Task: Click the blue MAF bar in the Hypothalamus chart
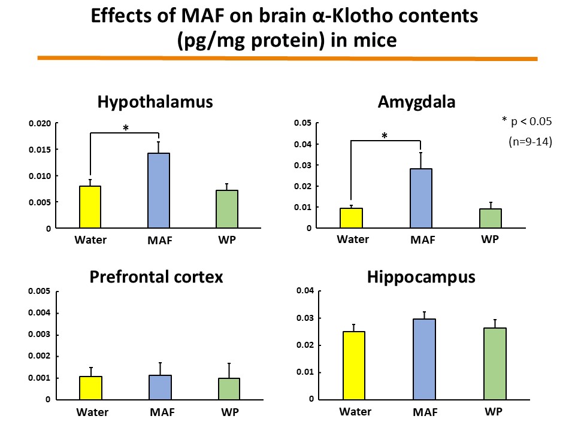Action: pos(159,190)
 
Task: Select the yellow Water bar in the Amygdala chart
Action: pos(352,218)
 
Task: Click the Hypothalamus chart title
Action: pos(155,102)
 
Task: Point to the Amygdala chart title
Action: pos(416,102)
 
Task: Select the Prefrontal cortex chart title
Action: pos(156,277)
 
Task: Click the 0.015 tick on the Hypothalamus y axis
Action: pos(41,150)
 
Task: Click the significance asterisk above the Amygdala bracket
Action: pos(385,136)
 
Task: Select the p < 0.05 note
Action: pos(526,122)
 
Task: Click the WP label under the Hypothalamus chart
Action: pos(227,241)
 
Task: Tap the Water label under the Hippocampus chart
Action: pos(355,411)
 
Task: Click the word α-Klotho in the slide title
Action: pos(359,17)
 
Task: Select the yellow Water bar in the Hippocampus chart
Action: pos(355,365)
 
